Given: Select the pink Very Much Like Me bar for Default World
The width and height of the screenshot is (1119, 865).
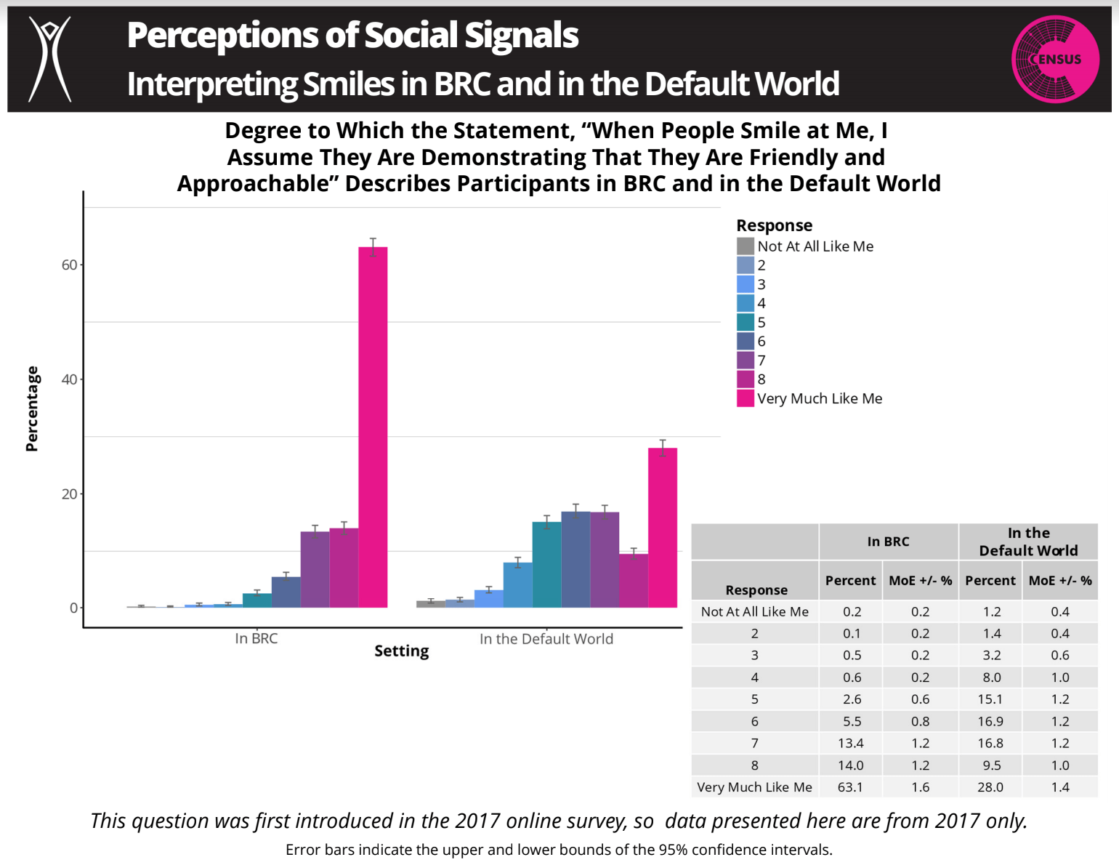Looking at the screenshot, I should click(662, 528).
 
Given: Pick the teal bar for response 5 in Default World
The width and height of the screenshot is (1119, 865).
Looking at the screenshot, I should click(546, 565).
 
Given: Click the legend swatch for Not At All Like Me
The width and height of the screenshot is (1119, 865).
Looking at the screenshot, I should click(745, 246).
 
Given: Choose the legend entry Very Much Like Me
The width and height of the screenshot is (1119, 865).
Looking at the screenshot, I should click(819, 398).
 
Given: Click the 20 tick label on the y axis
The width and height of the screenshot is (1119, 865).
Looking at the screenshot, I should click(69, 494).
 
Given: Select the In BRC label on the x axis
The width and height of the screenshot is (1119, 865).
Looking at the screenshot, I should click(256, 639).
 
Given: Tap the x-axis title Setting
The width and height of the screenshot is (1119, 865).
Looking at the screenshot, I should click(401, 651).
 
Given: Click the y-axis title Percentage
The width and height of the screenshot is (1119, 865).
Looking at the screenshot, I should click(32, 409).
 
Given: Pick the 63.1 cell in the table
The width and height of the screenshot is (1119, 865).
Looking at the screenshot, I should click(850, 787).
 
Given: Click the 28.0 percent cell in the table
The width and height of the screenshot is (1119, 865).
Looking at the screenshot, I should click(990, 787).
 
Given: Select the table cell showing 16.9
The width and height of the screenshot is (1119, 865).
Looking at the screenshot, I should click(990, 722).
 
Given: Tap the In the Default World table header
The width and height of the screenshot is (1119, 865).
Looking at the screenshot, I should click(1027, 542).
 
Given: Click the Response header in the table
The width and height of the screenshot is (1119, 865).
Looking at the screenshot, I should click(756, 590).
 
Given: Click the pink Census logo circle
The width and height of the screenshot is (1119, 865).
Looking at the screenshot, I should click(1054, 59).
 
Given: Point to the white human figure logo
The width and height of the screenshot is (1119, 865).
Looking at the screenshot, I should click(49, 58).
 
